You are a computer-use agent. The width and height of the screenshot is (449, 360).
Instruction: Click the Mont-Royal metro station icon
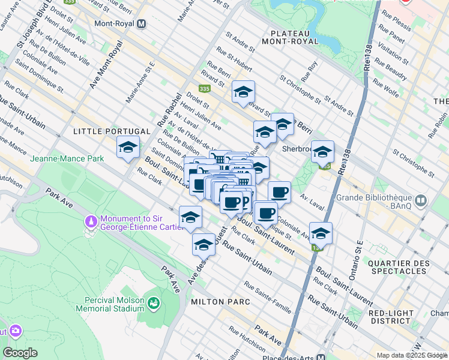(x=142, y=25)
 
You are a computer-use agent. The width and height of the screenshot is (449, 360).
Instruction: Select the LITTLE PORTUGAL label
(x=111, y=131)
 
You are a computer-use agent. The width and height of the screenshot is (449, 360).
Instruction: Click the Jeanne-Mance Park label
(x=67, y=158)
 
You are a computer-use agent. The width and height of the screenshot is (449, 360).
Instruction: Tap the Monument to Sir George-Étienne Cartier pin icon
(x=91, y=222)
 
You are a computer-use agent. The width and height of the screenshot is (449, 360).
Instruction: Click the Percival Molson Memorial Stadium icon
(x=154, y=304)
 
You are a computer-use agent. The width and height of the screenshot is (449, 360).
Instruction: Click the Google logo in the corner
(x=20, y=352)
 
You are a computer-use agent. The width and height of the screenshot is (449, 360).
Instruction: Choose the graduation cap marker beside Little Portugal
(x=128, y=147)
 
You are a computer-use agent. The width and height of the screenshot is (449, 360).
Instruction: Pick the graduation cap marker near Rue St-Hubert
(x=243, y=92)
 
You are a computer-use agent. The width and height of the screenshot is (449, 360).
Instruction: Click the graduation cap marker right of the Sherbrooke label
(x=322, y=152)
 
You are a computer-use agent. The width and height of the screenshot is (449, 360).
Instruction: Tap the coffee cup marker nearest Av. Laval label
(x=279, y=193)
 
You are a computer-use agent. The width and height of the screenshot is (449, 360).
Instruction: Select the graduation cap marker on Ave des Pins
(x=204, y=245)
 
